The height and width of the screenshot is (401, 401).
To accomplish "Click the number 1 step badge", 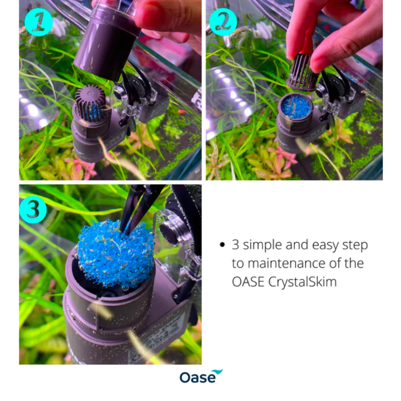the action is [x=39, y=22].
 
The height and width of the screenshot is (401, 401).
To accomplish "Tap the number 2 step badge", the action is [x=223, y=22].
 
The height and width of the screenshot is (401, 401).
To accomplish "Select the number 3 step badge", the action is [x=33, y=210].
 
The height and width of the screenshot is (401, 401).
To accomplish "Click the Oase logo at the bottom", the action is [x=201, y=376].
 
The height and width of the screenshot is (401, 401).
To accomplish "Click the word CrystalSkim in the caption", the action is [x=302, y=282].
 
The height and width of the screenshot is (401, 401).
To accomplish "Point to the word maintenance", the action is [x=278, y=264].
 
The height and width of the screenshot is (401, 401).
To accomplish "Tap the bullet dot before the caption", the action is [x=222, y=245].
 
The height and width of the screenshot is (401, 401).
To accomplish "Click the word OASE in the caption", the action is [x=248, y=282].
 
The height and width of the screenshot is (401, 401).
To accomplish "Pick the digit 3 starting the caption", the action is [x=235, y=245].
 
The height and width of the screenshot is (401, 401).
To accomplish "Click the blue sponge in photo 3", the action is [x=115, y=253].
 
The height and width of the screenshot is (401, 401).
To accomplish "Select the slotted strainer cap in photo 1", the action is [x=91, y=103].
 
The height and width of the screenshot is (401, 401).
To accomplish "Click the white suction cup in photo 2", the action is [x=265, y=30].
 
